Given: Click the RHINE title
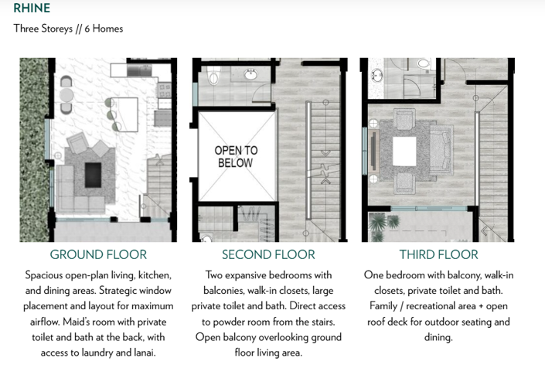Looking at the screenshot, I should pos(32,9).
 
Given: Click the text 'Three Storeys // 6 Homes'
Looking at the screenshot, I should pos(68,29).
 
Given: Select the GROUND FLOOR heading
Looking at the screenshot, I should pos(98,254).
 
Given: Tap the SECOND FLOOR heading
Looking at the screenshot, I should pos(268,254).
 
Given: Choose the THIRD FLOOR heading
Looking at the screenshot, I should pos(438,254).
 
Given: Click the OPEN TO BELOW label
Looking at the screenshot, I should pos(236,156).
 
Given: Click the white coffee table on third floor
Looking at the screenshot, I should pos(405,150).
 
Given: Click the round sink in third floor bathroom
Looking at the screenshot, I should pos(376,75).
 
